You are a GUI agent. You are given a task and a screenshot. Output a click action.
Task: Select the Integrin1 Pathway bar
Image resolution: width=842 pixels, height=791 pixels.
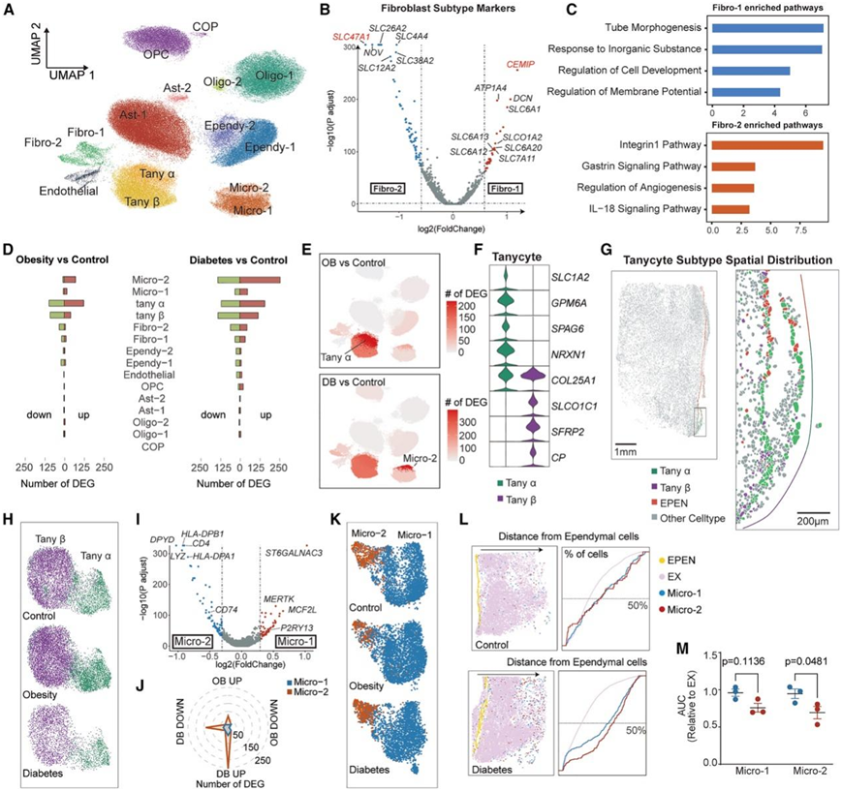(766, 145)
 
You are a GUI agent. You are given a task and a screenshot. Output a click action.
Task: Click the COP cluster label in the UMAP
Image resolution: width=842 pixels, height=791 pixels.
(204, 24)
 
